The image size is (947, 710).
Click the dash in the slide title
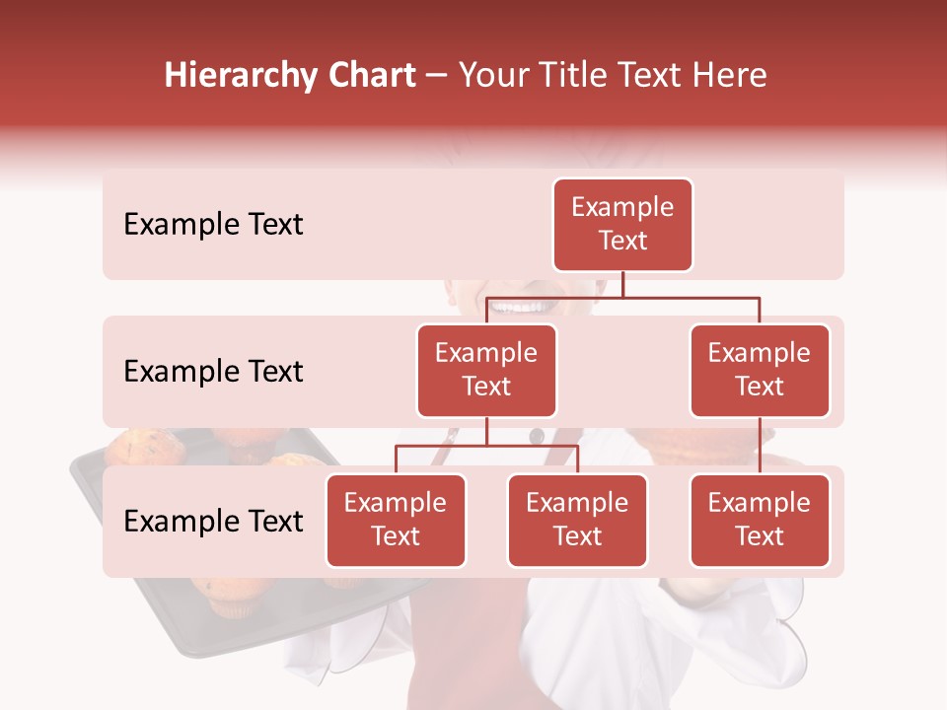click(x=437, y=77)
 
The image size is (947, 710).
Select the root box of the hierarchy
click(x=622, y=225)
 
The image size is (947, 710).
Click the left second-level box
click(x=486, y=371)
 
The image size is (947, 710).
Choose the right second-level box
click(x=760, y=371)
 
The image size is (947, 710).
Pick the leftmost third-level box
click(x=396, y=521)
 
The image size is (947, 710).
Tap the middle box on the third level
click(x=577, y=521)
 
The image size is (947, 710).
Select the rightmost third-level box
click(x=760, y=521)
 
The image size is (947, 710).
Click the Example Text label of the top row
click(x=213, y=225)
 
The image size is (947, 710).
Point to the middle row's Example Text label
click(x=213, y=372)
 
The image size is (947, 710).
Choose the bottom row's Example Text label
click(x=213, y=521)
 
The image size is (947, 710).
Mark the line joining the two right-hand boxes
click(x=760, y=446)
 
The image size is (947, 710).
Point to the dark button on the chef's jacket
click(x=536, y=435)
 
